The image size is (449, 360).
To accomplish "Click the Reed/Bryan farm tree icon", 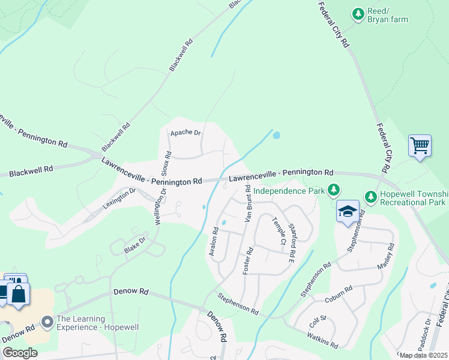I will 358,13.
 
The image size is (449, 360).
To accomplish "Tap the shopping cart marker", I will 420,146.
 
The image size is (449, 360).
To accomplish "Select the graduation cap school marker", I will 348,212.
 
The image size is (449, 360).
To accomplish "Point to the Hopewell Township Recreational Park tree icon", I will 371,196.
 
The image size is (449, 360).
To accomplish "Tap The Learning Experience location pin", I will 47,323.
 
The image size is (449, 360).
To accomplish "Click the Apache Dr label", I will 185,133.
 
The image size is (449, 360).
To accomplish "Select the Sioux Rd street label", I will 168,163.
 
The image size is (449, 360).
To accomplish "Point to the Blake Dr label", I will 135,245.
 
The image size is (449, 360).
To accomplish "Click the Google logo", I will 20,353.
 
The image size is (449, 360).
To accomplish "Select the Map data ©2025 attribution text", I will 423,355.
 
